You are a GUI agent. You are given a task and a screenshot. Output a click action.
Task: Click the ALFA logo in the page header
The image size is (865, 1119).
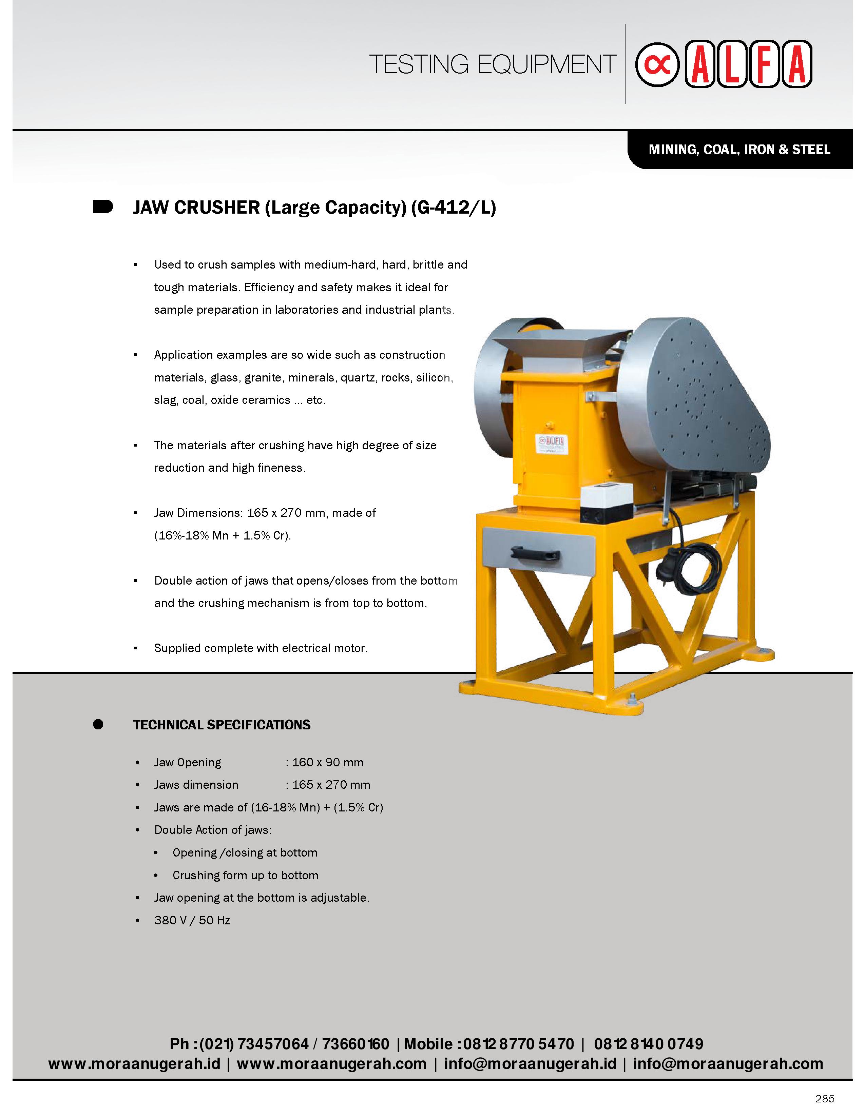[723, 64]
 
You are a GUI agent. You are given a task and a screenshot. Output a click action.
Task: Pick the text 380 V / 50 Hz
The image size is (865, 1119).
[192, 920]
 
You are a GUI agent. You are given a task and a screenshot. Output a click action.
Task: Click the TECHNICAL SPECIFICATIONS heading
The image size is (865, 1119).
[222, 725]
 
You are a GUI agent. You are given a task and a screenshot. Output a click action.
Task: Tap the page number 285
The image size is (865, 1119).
[825, 1099]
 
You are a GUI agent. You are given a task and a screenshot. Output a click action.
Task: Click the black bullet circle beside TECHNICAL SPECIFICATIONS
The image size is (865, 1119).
[98, 725]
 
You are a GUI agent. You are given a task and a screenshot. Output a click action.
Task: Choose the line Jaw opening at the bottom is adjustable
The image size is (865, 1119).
[261, 898]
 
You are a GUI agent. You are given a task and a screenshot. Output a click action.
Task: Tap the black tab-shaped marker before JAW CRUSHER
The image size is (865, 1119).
[102, 207]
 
